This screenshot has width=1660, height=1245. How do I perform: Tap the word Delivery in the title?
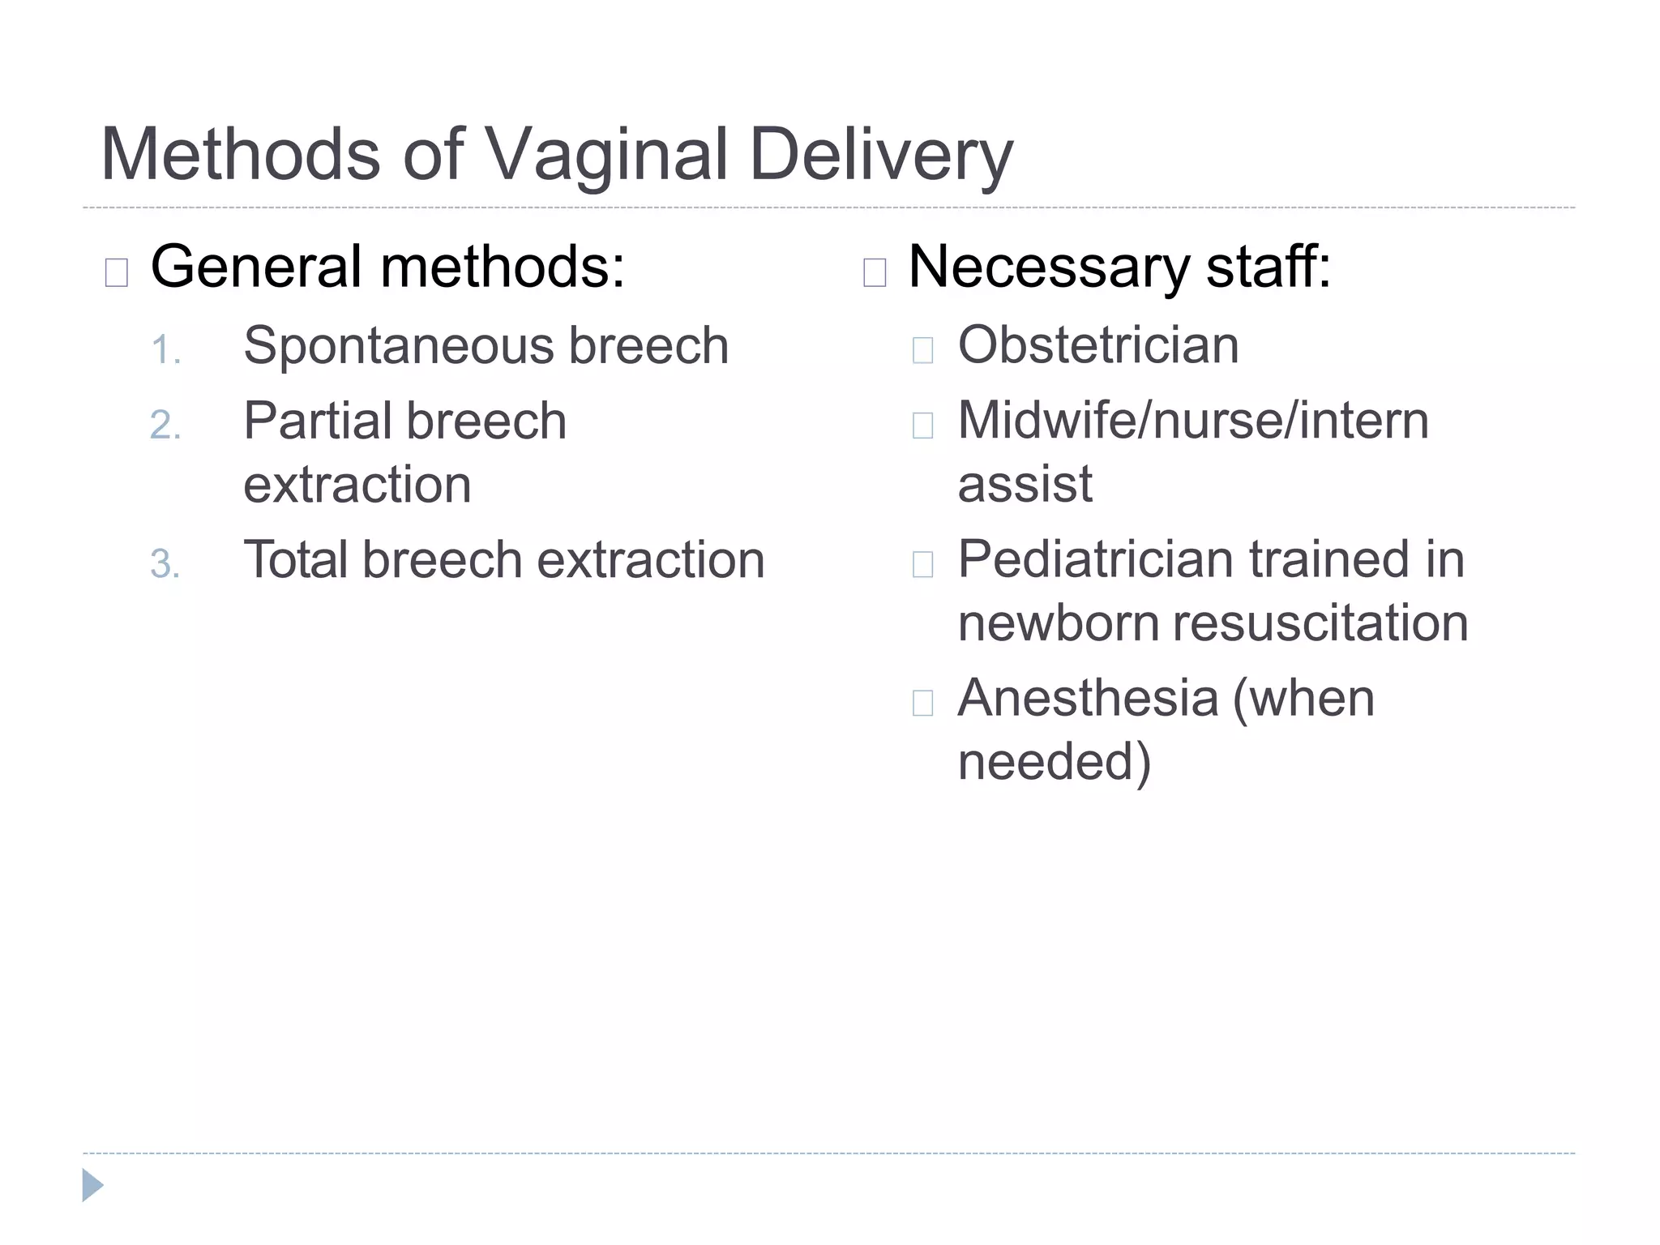[881, 155]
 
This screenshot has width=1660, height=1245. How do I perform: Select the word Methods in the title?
[240, 155]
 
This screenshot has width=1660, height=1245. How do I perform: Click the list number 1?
[165, 350]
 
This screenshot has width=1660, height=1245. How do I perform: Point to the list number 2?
[165, 425]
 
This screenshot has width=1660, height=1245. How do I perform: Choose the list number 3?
[165, 564]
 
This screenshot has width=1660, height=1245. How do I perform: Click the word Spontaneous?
[398, 347]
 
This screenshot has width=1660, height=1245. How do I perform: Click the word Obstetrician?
[1098, 345]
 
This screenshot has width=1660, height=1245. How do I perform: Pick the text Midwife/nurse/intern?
[1193, 421]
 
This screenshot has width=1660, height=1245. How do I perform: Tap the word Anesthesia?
[1088, 698]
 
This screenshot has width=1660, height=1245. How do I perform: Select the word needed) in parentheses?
[1054, 762]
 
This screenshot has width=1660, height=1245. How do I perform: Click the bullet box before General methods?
[117, 273]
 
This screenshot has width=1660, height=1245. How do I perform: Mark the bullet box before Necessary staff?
[875, 273]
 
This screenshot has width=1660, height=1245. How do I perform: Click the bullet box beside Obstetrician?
[922, 350]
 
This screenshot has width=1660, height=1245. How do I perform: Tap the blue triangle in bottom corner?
[92, 1185]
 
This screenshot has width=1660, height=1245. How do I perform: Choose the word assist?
[1025, 485]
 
